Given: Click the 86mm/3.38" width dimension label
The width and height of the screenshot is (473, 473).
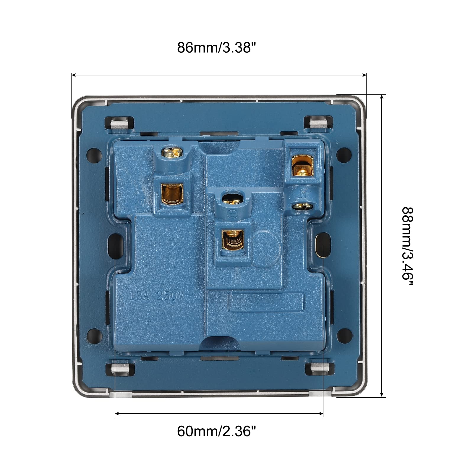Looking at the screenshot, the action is pyautogui.click(x=216, y=48).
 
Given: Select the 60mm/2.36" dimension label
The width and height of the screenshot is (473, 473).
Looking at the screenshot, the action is pyautogui.click(x=216, y=431).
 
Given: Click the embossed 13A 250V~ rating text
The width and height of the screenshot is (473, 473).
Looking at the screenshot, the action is pyautogui.click(x=161, y=295).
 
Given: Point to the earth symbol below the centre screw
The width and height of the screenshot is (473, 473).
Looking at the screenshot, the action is pyautogui.click(x=231, y=213).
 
